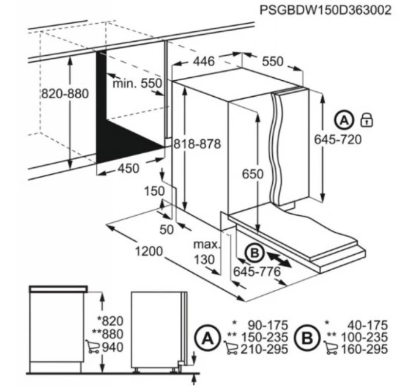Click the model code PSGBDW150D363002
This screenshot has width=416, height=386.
(325, 10)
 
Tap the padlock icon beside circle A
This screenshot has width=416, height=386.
(366, 120)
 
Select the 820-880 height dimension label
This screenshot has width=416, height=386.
(65, 94)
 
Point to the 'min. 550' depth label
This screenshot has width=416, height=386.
(137, 83)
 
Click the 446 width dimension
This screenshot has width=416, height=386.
(204, 61)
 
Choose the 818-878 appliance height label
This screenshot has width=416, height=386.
(197, 144)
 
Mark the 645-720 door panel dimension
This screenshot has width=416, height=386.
(338, 139)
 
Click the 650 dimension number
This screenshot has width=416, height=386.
(253, 174)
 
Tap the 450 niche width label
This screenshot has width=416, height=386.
(128, 168)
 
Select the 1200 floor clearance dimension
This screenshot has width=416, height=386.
(149, 251)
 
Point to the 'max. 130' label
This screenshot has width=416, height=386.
(207, 252)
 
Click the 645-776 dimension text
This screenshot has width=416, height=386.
(257, 271)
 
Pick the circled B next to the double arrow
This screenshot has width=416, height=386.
(254, 254)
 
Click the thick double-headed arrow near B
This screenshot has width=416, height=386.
(279, 260)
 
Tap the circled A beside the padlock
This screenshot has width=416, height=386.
(344, 121)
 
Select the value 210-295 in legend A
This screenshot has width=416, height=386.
(264, 349)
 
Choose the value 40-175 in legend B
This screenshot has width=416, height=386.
(368, 325)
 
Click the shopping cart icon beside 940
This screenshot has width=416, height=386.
(92, 346)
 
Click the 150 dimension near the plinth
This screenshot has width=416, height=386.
(154, 191)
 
